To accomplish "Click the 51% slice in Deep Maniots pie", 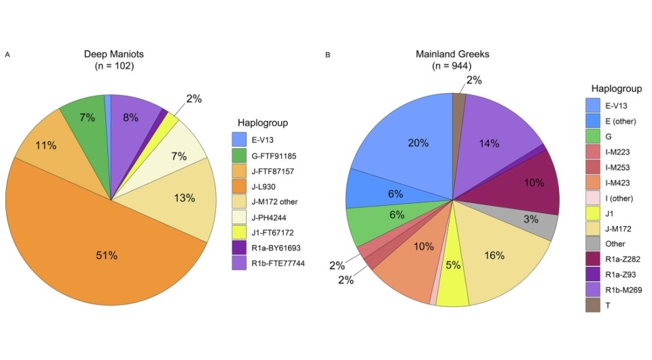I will click(105, 255).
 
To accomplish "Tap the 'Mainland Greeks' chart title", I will click(452, 54).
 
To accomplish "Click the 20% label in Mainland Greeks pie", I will click(418, 143).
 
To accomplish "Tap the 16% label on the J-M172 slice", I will click(494, 255).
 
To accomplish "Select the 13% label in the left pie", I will click(184, 198).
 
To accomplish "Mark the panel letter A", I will click(7, 54).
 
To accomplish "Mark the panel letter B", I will click(328, 54).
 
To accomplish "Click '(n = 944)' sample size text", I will click(452, 66).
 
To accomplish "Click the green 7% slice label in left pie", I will click(87, 117).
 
